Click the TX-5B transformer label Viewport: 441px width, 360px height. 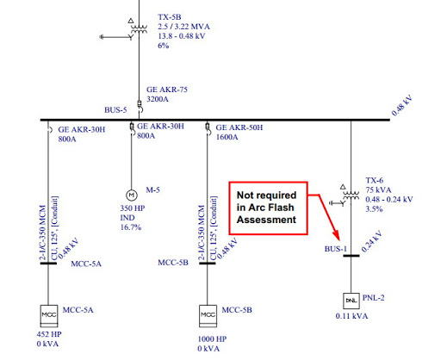(170, 17)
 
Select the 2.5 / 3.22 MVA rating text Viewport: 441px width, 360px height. (183, 27)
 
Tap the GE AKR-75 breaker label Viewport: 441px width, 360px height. (167, 90)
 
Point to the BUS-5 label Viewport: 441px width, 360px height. (115, 110)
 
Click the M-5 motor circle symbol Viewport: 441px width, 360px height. (132, 196)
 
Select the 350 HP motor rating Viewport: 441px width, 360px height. (133, 208)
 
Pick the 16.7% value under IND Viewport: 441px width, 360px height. (131, 227)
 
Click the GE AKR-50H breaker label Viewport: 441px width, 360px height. (239, 127)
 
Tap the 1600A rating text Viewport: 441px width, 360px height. (227, 137)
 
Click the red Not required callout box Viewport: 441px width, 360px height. (268, 208)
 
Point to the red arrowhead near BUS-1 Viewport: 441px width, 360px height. (337, 236)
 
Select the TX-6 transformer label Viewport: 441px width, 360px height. (375, 180)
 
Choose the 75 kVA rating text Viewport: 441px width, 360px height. (378, 189)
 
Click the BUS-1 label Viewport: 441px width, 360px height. (336, 249)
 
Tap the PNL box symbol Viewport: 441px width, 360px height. (351, 301)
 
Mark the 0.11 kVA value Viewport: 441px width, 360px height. (351, 316)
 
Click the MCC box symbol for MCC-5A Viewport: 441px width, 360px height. (49, 316)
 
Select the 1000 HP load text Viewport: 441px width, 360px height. (212, 339)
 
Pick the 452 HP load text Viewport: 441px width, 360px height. (49, 334)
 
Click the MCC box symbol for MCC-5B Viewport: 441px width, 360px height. (208, 316)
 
